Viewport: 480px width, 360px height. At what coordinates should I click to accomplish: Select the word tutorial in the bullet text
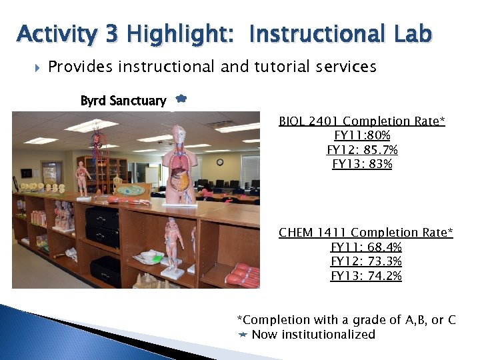(254, 67)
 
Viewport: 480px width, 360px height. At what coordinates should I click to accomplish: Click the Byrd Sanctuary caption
(123, 101)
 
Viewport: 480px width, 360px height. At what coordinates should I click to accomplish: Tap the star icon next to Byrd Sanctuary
(181, 99)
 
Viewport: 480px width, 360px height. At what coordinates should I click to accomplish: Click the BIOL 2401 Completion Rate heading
(362, 121)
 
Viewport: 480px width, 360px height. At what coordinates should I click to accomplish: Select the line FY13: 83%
(362, 163)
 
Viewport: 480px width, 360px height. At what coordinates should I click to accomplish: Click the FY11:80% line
(362, 135)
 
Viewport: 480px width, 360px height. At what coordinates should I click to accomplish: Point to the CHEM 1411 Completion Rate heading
(365, 232)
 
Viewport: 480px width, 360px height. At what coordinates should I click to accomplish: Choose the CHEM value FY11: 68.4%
(365, 247)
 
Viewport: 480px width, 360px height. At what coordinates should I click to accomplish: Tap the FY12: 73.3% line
(365, 261)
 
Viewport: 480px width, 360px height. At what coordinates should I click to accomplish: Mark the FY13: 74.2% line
(365, 276)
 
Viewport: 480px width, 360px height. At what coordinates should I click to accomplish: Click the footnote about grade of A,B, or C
(347, 319)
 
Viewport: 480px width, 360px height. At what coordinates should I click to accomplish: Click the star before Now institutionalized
(243, 335)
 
